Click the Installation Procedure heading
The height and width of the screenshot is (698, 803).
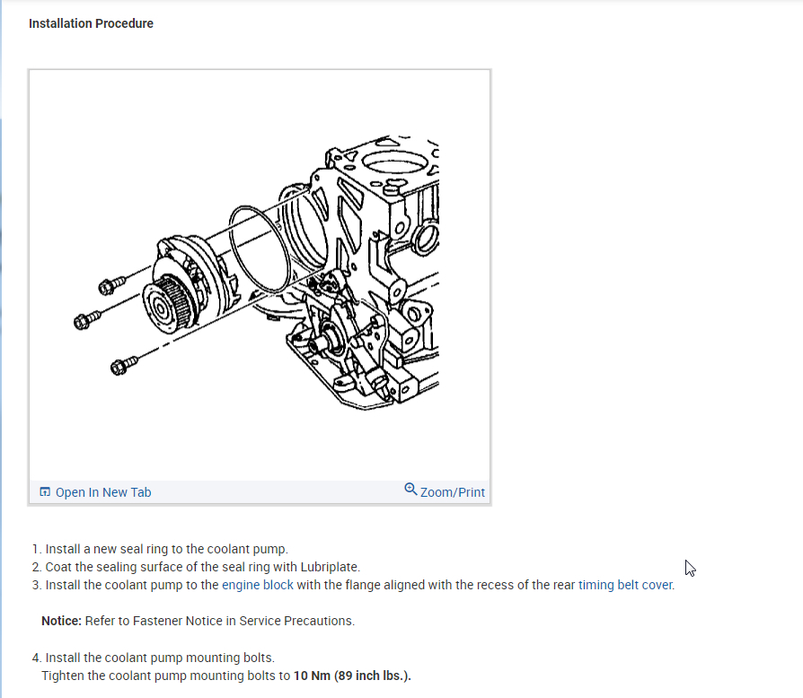point(91,23)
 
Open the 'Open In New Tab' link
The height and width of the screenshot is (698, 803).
point(103,492)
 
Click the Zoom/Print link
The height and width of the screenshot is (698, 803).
point(452,492)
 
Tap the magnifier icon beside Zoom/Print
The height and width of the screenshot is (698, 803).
point(410,490)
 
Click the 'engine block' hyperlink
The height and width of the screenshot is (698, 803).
point(258,585)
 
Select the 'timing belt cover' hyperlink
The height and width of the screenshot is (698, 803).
point(625,585)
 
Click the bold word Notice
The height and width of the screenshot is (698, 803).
point(61,621)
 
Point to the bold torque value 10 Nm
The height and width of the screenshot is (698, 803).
point(312,676)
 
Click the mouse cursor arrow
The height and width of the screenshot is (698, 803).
point(690,568)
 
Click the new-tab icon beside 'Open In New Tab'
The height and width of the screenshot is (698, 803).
point(45,492)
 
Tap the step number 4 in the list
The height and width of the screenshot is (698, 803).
point(36,658)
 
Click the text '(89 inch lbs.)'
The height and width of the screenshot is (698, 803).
point(372,676)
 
